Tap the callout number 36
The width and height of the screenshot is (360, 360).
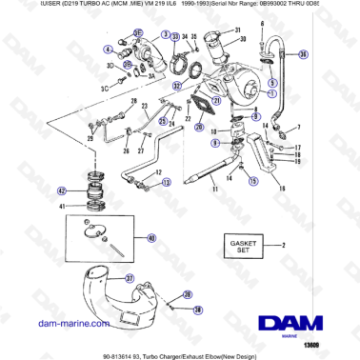[x=304, y=55]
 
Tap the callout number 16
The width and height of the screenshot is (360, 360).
[x=282, y=189]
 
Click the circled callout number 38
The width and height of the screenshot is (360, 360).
[x=198, y=310]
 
